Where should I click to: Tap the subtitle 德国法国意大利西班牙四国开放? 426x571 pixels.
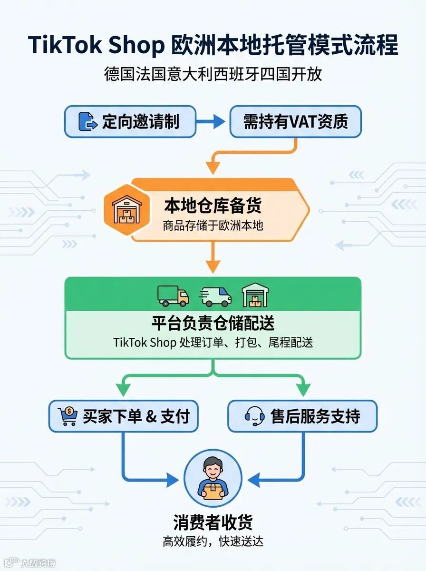tap(213, 75)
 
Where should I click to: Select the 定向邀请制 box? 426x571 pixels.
tap(130, 121)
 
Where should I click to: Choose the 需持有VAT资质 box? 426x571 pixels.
tap(295, 121)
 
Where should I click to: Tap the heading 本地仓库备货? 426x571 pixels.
tap(213, 205)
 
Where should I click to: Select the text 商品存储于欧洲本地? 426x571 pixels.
tap(213, 225)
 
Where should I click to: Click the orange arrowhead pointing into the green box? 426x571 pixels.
tap(213, 268)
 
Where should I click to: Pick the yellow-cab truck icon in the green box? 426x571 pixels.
tap(173, 296)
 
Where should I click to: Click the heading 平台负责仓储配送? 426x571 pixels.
tap(213, 323)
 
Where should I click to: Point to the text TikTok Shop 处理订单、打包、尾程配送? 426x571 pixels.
tap(213, 343)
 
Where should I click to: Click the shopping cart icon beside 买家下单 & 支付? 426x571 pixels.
tap(67, 416)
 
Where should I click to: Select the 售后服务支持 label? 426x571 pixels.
tap(315, 416)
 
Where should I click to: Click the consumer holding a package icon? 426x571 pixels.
tap(213, 478)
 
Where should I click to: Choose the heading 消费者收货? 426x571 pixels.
tap(213, 522)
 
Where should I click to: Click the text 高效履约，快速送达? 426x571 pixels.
tap(213, 541)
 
